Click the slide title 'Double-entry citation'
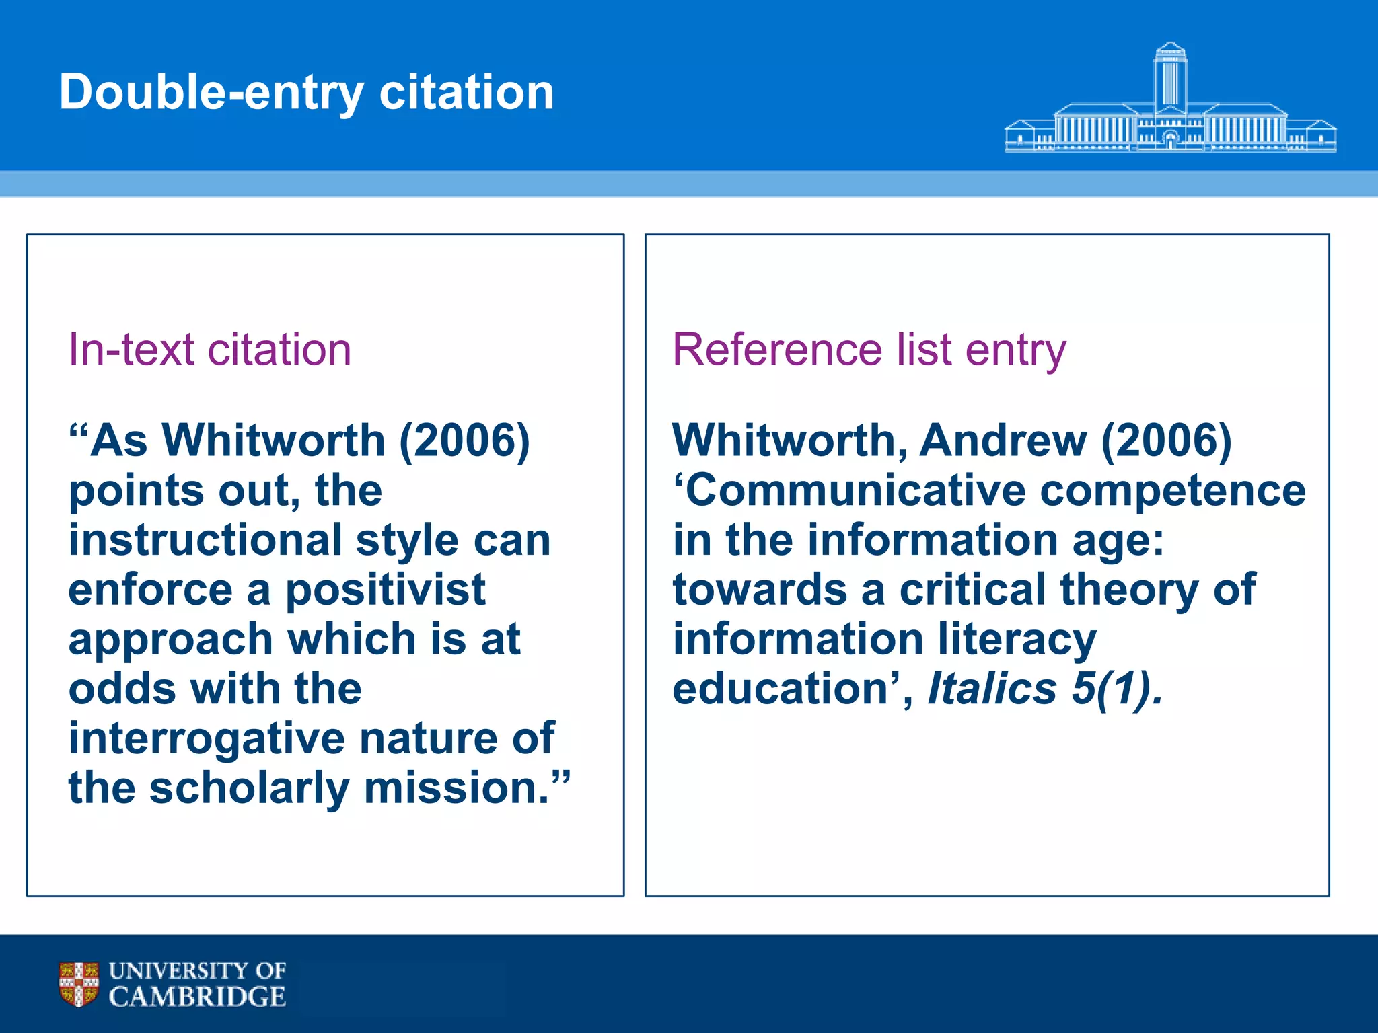[x=307, y=93]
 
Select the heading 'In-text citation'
[x=210, y=350]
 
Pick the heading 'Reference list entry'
[x=869, y=350]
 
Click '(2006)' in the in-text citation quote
[x=464, y=441]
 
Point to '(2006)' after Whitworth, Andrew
[x=1166, y=441]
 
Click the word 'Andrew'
[x=1003, y=441]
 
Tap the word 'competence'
[x=1173, y=490]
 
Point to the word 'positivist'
[x=386, y=590]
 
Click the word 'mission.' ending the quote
[x=457, y=788]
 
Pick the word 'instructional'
[x=205, y=540]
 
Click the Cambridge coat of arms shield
[x=79, y=983]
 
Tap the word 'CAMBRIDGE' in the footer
[x=197, y=997]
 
